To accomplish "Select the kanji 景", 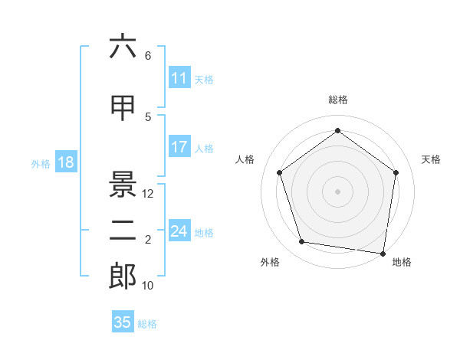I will (x=123, y=184).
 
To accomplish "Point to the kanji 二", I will (x=123, y=231).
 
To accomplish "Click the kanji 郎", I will (x=123, y=276).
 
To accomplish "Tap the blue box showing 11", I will (x=179, y=78).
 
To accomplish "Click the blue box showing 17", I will (x=179, y=147).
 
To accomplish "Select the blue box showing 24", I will (x=179, y=231).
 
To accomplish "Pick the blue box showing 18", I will (x=65, y=162).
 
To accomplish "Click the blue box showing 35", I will (x=123, y=322).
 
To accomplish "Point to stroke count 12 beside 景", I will (x=148, y=194).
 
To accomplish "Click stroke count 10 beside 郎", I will (x=148, y=286).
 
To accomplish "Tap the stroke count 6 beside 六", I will (x=148, y=56).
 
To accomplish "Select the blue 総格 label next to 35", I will (x=147, y=324).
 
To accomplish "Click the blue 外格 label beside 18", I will (x=41, y=163).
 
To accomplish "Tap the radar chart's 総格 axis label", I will (x=337, y=100).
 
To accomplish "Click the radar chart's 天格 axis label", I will (x=431, y=159).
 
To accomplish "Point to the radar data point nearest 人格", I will (x=279, y=172).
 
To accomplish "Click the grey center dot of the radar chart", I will (x=337, y=191).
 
